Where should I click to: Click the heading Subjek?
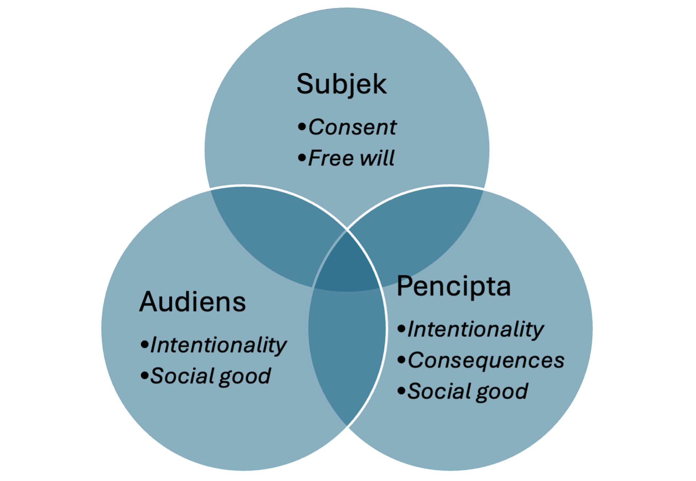click(341, 84)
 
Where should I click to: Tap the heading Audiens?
click(192, 302)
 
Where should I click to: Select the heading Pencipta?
click(453, 286)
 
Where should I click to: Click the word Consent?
click(352, 127)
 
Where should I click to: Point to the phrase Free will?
click(351, 158)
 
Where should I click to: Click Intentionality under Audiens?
click(218, 345)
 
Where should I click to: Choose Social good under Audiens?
click(210, 376)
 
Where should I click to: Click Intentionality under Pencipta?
click(475, 330)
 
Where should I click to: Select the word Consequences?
click(486, 360)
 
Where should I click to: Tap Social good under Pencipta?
click(467, 392)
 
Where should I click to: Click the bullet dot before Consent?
click(302, 127)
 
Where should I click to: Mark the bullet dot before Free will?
click(302, 158)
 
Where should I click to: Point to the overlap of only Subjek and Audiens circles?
click(275, 232)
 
